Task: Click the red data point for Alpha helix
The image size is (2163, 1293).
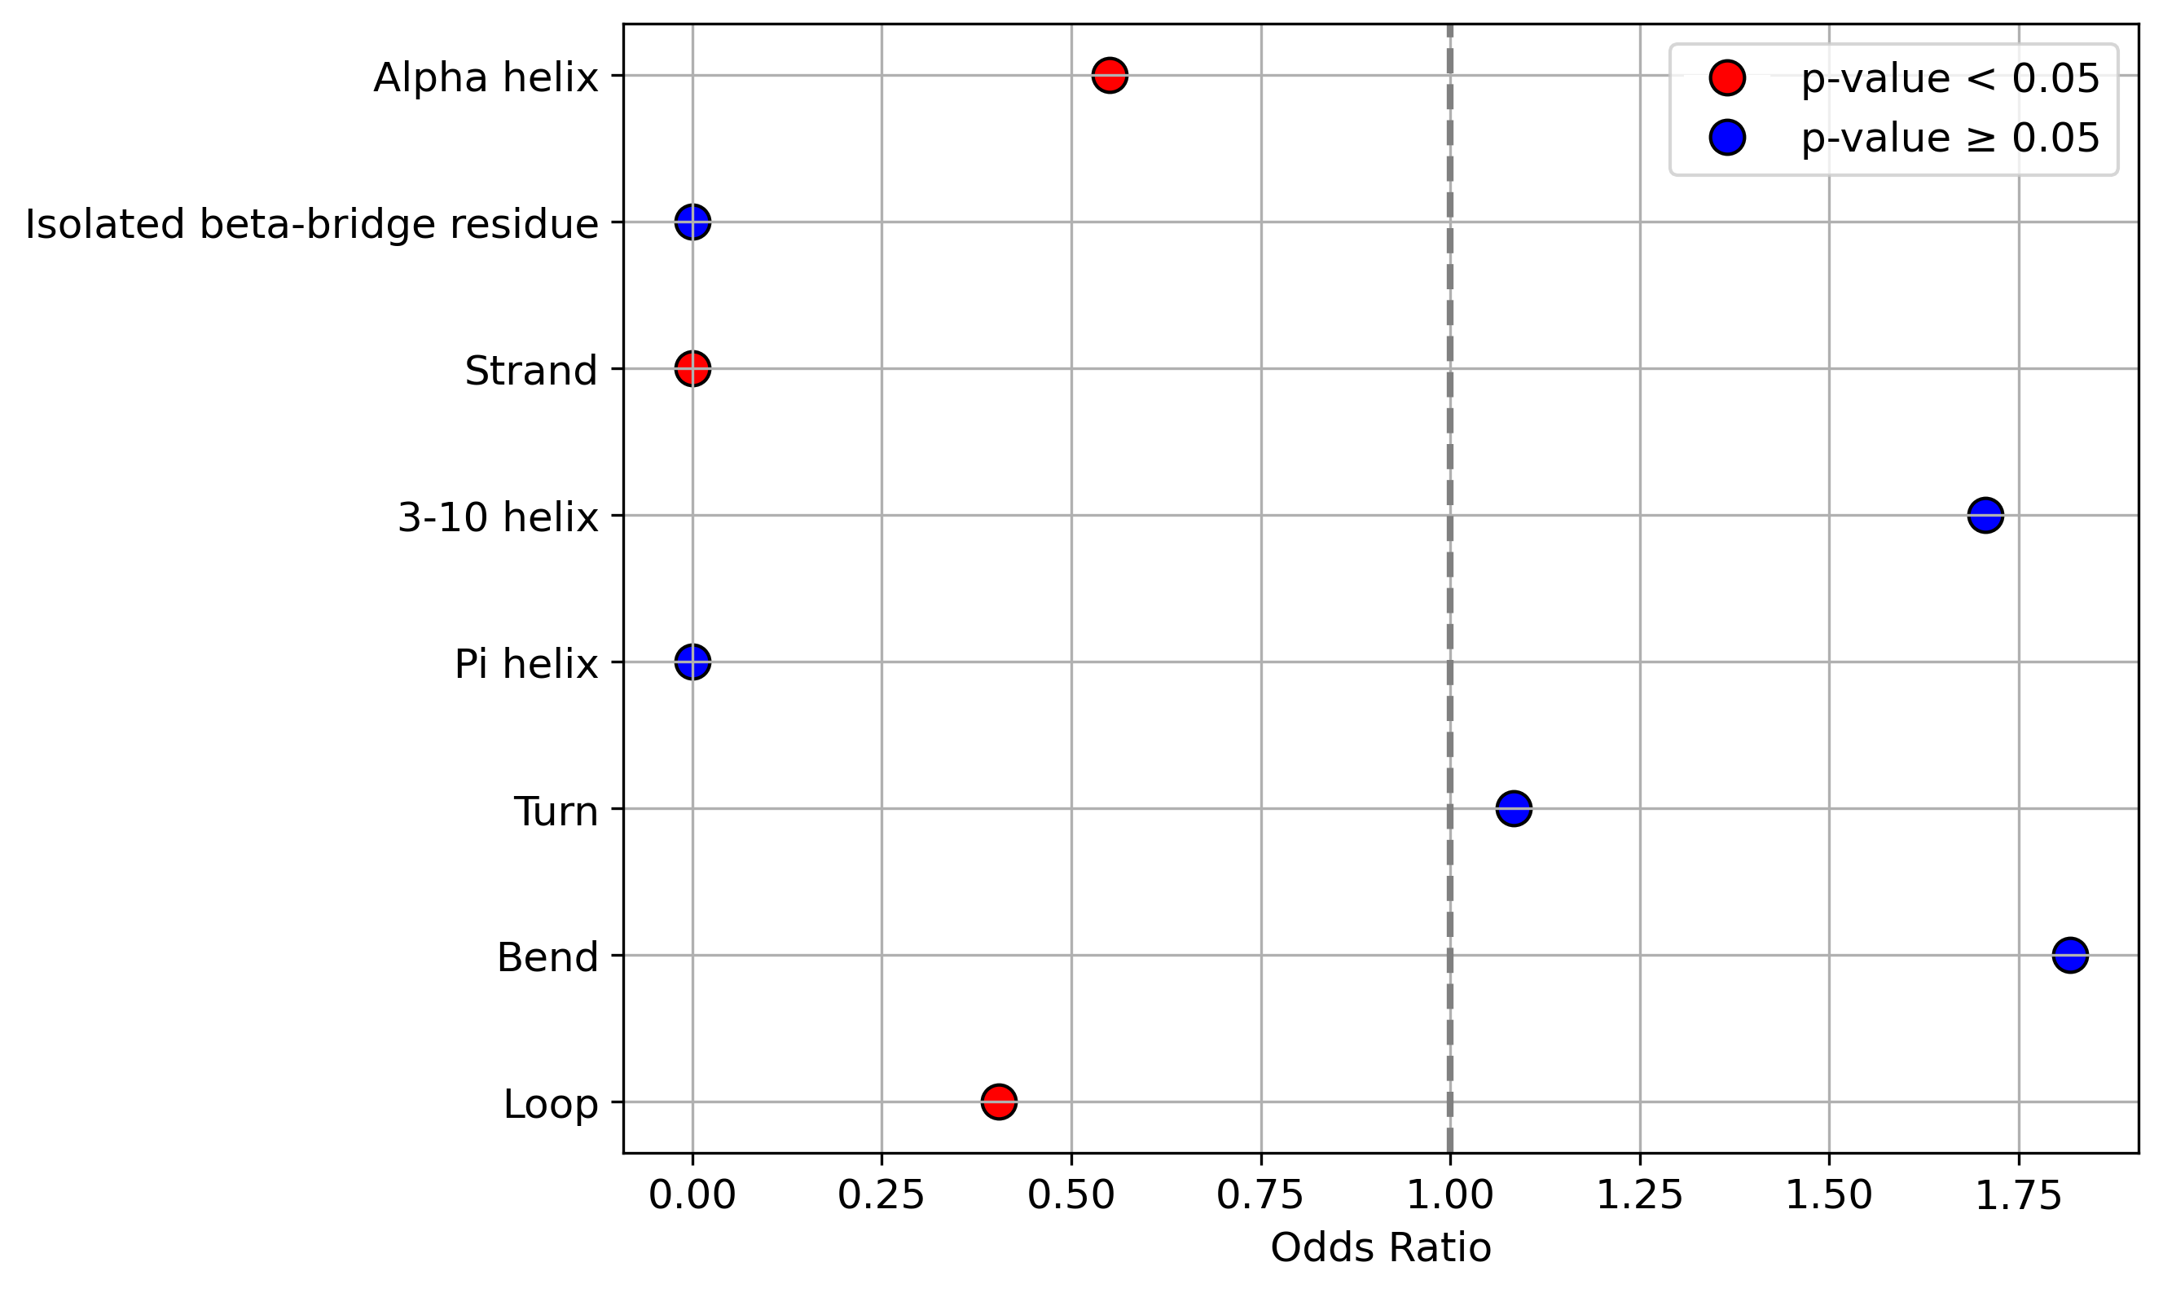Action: click(x=1110, y=76)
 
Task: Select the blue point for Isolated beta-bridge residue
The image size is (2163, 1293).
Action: click(x=692, y=222)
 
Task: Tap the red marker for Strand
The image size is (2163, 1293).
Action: click(x=692, y=368)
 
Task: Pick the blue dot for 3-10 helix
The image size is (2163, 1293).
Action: click(x=1985, y=516)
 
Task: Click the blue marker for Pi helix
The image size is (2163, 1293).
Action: click(x=692, y=662)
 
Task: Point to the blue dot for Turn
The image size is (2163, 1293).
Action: click(x=1514, y=808)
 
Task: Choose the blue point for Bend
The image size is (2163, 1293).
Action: click(x=2070, y=955)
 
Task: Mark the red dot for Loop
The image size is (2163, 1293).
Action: click(x=998, y=1102)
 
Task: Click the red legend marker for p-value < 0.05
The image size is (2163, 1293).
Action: click(x=1727, y=77)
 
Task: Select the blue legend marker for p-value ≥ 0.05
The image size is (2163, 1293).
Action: click(x=1727, y=138)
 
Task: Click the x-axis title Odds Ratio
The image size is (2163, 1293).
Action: click(x=1381, y=1248)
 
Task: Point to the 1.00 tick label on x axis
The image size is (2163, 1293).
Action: click(x=1450, y=1197)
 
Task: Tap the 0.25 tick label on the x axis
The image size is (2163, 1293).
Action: click(x=881, y=1197)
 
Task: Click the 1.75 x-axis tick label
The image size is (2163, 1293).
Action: click(x=2019, y=1197)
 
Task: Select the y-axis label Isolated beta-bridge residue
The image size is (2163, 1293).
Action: click(x=312, y=224)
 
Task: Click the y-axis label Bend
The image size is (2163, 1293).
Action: click(x=548, y=957)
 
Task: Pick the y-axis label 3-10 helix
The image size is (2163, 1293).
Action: click(x=499, y=517)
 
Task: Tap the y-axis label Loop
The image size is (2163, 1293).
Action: click(x=551, y=1105)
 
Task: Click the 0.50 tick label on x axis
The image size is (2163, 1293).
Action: click(x=1071, y=1197)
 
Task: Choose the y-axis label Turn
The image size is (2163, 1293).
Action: click(x=556, y=811)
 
